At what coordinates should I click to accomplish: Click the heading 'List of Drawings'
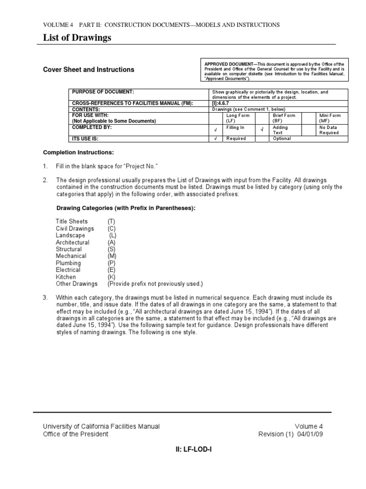(77, 38)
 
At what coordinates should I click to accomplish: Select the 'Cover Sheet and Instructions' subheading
(89, 70)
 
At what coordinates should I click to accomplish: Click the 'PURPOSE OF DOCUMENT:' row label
(102, 92)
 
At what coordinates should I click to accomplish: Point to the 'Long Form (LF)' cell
(237, 118)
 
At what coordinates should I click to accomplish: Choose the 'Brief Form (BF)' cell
(284, 118)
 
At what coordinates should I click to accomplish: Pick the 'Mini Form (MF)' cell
(330, 118)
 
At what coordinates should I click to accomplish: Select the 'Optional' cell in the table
(282, 138)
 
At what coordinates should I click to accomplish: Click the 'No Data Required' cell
(329, 130)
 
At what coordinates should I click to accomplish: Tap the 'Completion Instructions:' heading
(79, 152)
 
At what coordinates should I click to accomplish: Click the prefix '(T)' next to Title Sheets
(111, 222)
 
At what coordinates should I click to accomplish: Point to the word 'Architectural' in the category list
(72, 242)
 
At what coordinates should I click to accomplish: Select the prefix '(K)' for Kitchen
(111, 277)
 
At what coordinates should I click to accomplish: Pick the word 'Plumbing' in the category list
(68, 263)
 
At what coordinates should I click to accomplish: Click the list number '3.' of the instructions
(45, 298)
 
